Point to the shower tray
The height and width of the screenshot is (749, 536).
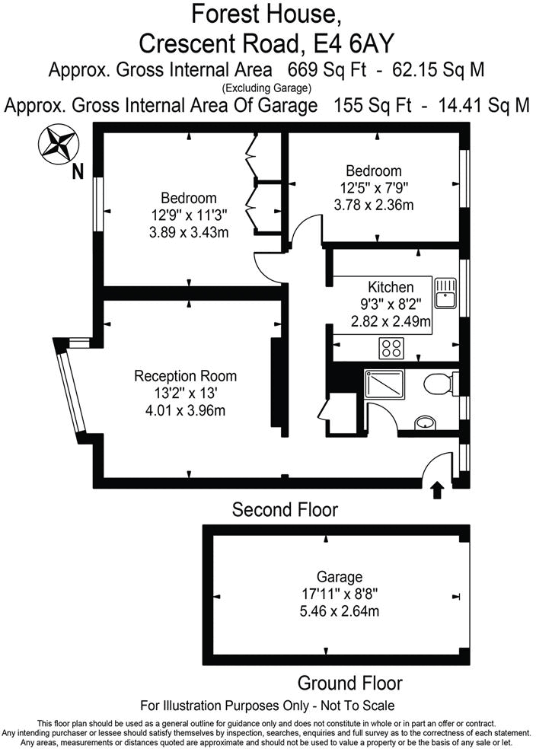(x=388, y=384)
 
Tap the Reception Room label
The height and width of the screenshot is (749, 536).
(x=185, y=376)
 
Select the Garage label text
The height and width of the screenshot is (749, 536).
(x=340, y=577)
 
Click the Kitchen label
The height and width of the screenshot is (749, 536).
(x=391, y=288)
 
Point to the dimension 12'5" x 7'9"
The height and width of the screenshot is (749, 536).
(x=373, y=187)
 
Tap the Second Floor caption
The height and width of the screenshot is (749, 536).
(x=285, y=509)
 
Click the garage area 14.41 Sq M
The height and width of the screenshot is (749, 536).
(x=484, y=106)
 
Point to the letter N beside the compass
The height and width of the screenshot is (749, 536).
(x=77, y=174)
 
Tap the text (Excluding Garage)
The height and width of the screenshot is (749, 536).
(x=267, y=89)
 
